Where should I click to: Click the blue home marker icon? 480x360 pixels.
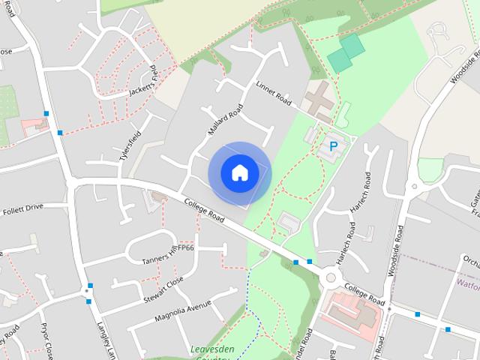(239, 172)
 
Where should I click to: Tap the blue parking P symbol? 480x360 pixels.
(332, 146)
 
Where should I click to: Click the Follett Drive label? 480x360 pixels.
(23, 208)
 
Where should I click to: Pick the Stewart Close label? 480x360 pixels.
(163, 290)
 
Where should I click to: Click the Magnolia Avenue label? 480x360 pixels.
(184, 309)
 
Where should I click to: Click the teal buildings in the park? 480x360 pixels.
(346, 52)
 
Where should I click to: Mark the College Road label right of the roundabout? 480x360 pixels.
(364, 294)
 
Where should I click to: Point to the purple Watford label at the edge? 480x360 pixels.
(468, 284)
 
